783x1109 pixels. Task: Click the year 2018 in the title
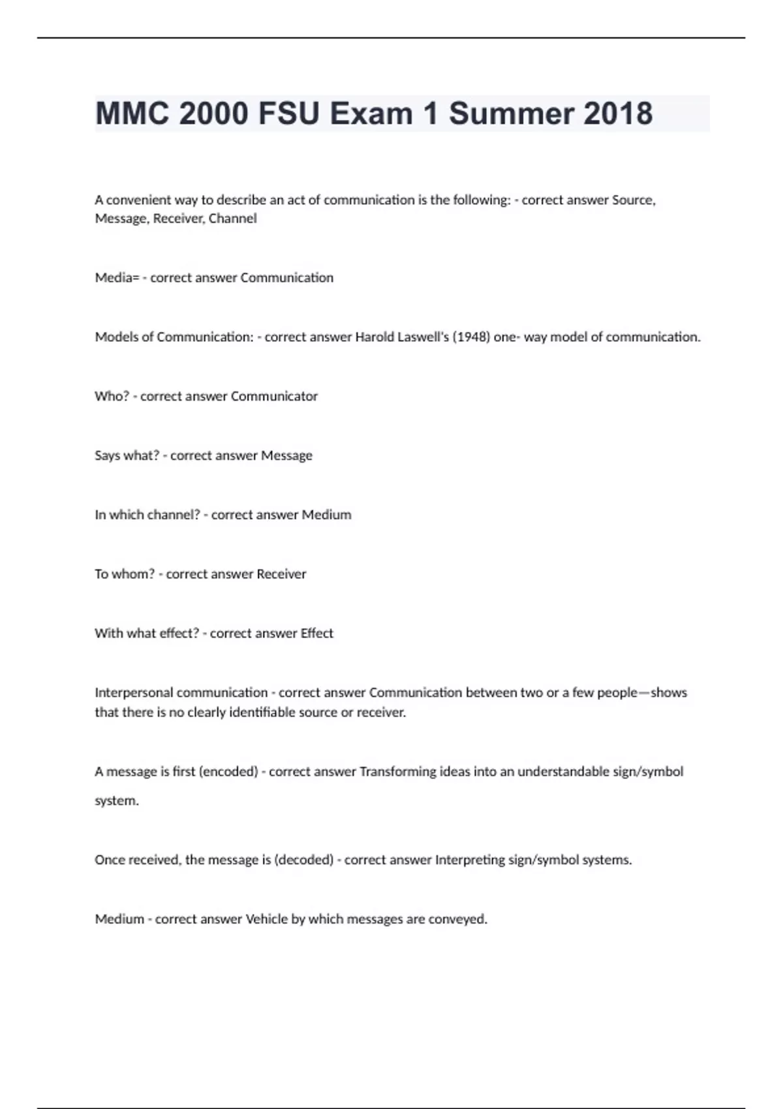pos(617,114)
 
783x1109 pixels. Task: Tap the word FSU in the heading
pos(288,114)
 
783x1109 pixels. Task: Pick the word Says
pos(108,456)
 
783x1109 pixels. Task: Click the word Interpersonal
pos(135,693)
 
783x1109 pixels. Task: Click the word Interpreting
pos(470,860)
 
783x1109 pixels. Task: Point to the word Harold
pos(374,337)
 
